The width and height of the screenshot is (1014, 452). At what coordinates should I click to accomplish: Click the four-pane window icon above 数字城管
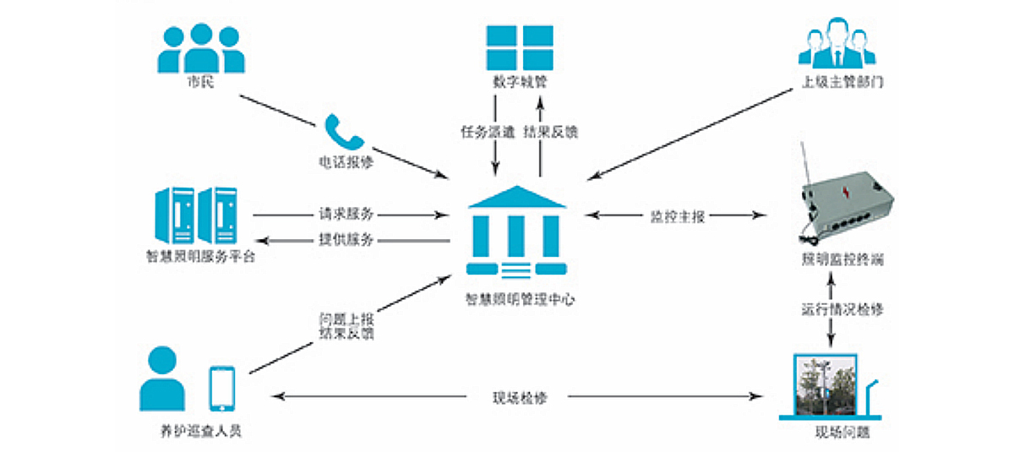tap(520, 46)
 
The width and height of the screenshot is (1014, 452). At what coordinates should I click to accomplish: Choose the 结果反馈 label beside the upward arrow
tap(551, 132)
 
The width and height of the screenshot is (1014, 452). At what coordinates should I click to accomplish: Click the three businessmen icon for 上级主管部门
tap(835, 46)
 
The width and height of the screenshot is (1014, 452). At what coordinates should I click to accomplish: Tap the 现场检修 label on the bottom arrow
tap(519, 397)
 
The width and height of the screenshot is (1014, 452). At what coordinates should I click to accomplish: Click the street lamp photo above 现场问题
tap(823, 386)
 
